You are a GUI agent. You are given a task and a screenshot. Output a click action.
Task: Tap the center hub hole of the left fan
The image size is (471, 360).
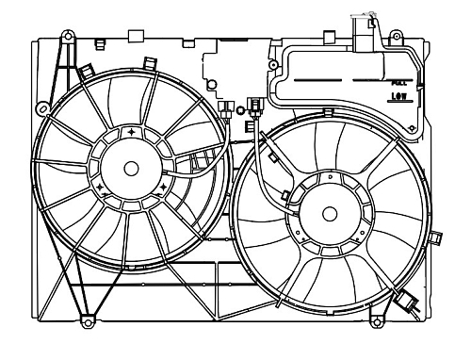point(131,168)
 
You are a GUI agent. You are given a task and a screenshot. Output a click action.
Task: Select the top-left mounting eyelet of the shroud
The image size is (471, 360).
point(67,38)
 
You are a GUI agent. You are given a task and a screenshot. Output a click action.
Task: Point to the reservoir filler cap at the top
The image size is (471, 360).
point(363,28)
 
